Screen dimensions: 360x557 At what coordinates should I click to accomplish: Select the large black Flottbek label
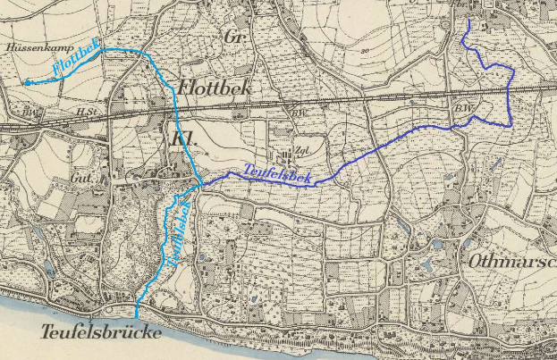214,88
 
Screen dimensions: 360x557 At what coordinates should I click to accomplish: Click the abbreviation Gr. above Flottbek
236,38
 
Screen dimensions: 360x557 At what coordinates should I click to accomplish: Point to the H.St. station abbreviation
86,112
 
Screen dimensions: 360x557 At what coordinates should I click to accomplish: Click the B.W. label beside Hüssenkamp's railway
32,112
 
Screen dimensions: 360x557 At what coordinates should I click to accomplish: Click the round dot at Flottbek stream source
27,82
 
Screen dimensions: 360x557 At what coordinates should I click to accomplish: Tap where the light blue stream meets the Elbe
136,316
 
